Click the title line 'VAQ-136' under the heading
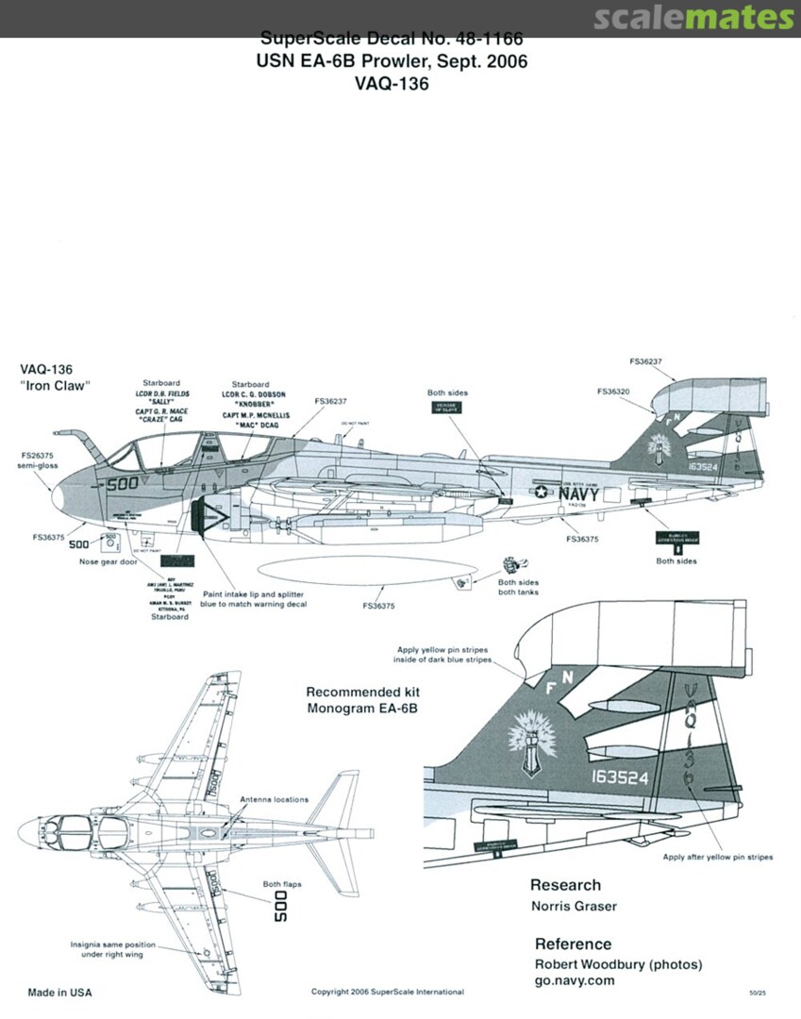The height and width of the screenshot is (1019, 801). coord(392,84)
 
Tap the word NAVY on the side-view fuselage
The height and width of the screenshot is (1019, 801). coord(578,493)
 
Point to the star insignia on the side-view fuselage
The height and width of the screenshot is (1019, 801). coord(542,491)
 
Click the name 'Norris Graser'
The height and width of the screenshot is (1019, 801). coord(575,907)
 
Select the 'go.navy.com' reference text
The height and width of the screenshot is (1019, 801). coord(575,980)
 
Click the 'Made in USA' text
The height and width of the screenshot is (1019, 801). coord(60,993)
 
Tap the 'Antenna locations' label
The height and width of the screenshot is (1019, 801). coord(274,799)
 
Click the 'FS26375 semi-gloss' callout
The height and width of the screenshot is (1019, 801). coord(39,459)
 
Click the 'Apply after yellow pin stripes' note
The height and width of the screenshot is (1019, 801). coord(718,857)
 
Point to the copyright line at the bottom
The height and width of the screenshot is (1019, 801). coord(387,992)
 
